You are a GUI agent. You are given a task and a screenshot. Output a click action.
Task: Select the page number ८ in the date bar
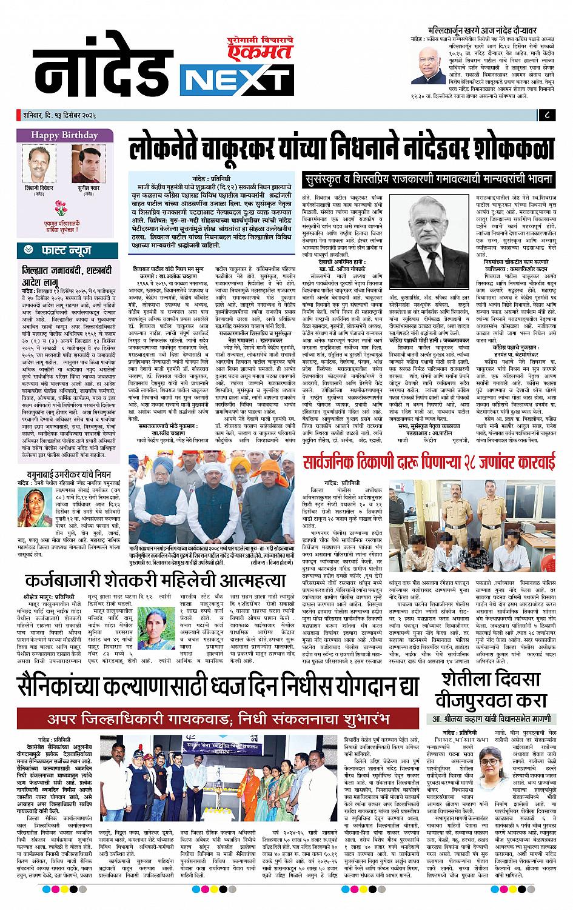click(x=548, y=114)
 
